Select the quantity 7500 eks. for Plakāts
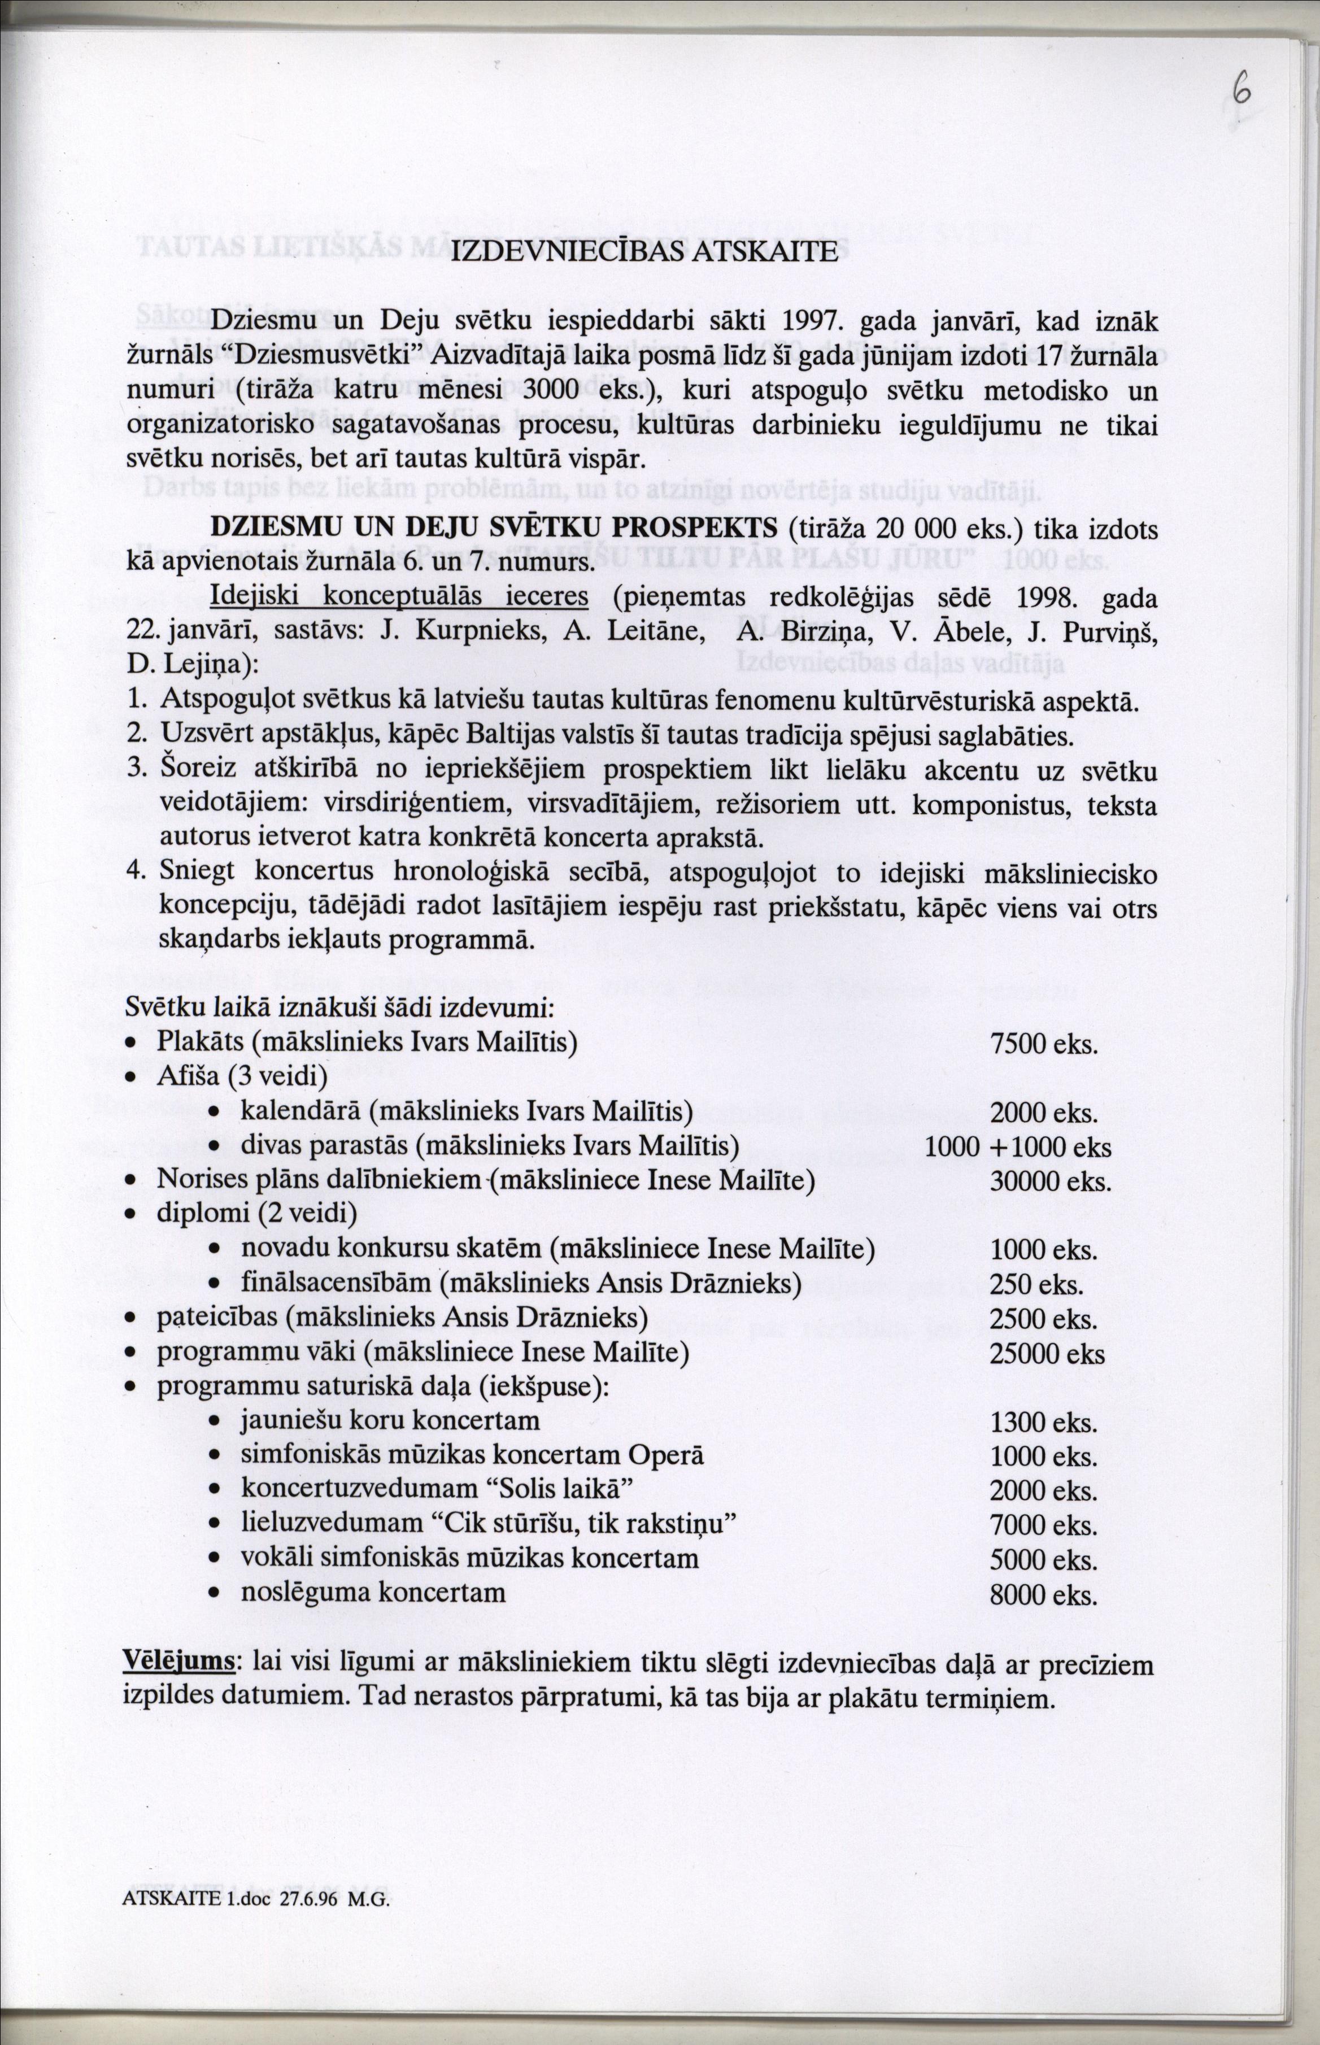1043,1044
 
